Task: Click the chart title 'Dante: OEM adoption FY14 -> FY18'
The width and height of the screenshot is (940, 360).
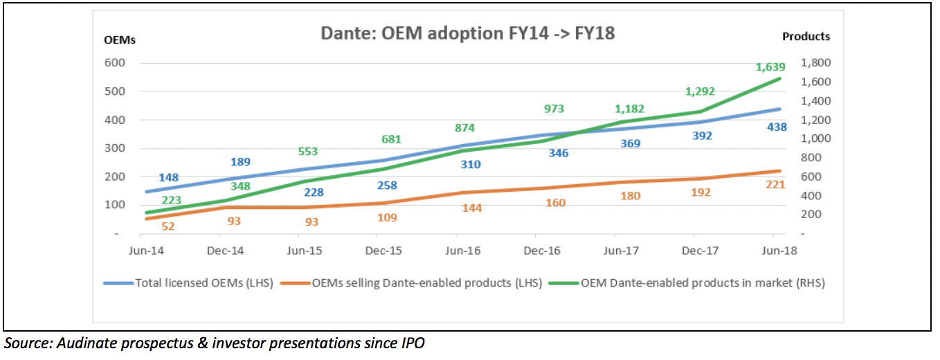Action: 467,33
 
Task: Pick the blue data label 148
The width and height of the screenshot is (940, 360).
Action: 168,177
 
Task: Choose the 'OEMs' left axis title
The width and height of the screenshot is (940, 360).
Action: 120,39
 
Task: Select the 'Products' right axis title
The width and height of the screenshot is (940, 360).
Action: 806,37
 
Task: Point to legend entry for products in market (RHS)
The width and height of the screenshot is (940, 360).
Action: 702,282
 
